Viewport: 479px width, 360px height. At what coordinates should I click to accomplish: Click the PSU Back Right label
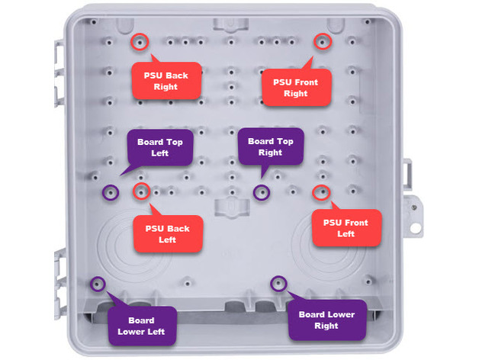click(x=166, y=81)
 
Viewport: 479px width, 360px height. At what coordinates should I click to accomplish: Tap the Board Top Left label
click(x=160, y=147)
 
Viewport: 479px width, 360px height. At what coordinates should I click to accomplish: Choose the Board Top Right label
click(x=271, y=146)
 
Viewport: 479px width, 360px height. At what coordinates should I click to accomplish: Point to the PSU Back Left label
click(x=167, y=234)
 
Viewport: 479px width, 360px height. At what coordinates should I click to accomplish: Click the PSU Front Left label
click(x=346, y=228)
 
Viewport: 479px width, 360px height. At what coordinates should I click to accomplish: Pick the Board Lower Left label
click(x=142, y=326)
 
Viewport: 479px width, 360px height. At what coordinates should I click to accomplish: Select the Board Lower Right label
click(x=326, y=320)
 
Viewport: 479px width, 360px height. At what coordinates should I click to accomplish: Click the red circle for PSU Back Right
click(x=140, y=42)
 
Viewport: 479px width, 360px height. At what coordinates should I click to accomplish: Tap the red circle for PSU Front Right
click(x=323, y=42)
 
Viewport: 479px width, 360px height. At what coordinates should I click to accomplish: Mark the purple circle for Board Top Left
click(x=111, y=192)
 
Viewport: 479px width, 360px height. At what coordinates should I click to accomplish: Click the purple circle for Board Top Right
click(x=262, y=191)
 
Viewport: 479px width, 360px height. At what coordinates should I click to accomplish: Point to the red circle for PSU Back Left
click(x=140, y=191)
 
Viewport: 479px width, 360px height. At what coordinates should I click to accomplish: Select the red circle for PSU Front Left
click(x=320, y=191)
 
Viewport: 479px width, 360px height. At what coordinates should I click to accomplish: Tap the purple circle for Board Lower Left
click(x=98, y=284)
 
